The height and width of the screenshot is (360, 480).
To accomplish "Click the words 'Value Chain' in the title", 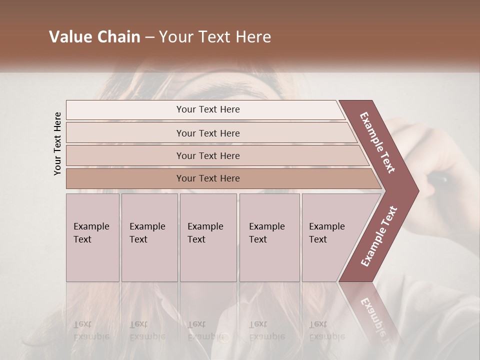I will pos(94,37).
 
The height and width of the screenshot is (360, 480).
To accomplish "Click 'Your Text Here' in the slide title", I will pos(215,37).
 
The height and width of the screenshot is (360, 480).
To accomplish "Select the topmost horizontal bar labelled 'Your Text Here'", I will pos(207,109).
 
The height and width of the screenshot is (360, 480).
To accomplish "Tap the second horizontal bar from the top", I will pos(207,133).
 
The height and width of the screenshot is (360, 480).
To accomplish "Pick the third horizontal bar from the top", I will pos(207,155).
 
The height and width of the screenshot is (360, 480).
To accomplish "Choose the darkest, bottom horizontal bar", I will pos(207,178).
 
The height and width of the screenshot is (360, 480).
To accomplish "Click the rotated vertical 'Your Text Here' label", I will pos(57,143).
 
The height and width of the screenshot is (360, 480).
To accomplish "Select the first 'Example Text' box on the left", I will pos(92,237).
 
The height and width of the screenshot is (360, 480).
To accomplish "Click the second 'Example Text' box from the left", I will pos(149,237).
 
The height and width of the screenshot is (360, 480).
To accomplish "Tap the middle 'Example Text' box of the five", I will pos(208,237).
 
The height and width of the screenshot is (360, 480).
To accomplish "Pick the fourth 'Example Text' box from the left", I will pos(269,237).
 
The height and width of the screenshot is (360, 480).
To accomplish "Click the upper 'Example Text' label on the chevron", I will pos(377,142).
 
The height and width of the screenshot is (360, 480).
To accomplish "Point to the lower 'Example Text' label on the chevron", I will pos(378,236).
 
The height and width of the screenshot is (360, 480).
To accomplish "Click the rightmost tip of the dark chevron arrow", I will pos(417,190).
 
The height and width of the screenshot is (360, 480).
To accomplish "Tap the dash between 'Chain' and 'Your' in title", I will pos(149,37).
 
